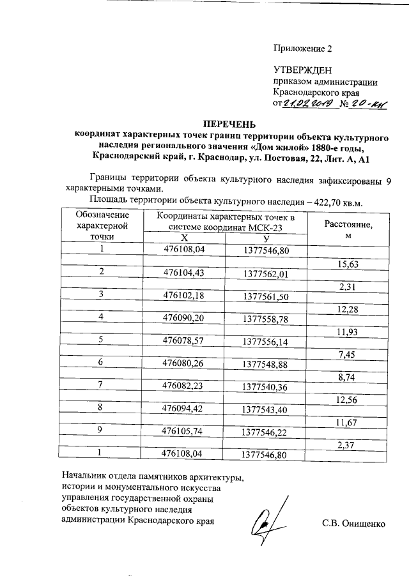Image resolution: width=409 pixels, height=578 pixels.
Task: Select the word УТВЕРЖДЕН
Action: [x=303, y=70]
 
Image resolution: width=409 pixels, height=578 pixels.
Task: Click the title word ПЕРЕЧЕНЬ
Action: [x=229, y=123]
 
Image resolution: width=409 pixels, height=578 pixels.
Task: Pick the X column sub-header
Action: [x=184, y=237]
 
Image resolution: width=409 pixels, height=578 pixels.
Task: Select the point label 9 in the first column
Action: [x=102, y=430]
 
